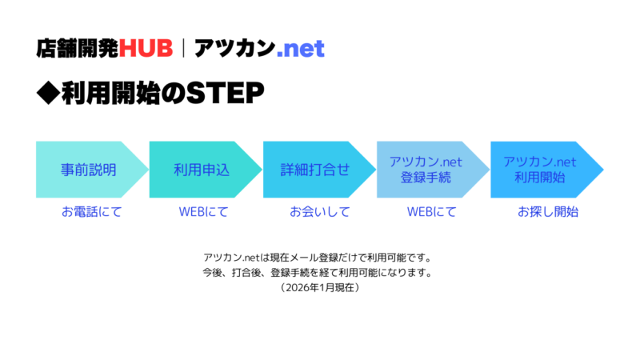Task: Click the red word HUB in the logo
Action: (x=146, y=48)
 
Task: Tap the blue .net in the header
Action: (x=300, y=49)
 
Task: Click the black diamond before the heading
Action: (x=48, y=94)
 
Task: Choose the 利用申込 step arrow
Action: (x=202, y=170)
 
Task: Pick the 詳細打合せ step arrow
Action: (x=316, y=170)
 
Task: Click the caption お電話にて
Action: (x=92, y=212)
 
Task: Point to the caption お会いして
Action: (x=319, y=212)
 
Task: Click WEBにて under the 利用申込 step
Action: (x=203, y=212)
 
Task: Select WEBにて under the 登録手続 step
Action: (x=431, y=212)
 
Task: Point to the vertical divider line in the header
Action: (x=184, y=48)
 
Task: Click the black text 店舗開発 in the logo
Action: (x=77, y=48)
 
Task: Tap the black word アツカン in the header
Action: (x=233, y=49)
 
